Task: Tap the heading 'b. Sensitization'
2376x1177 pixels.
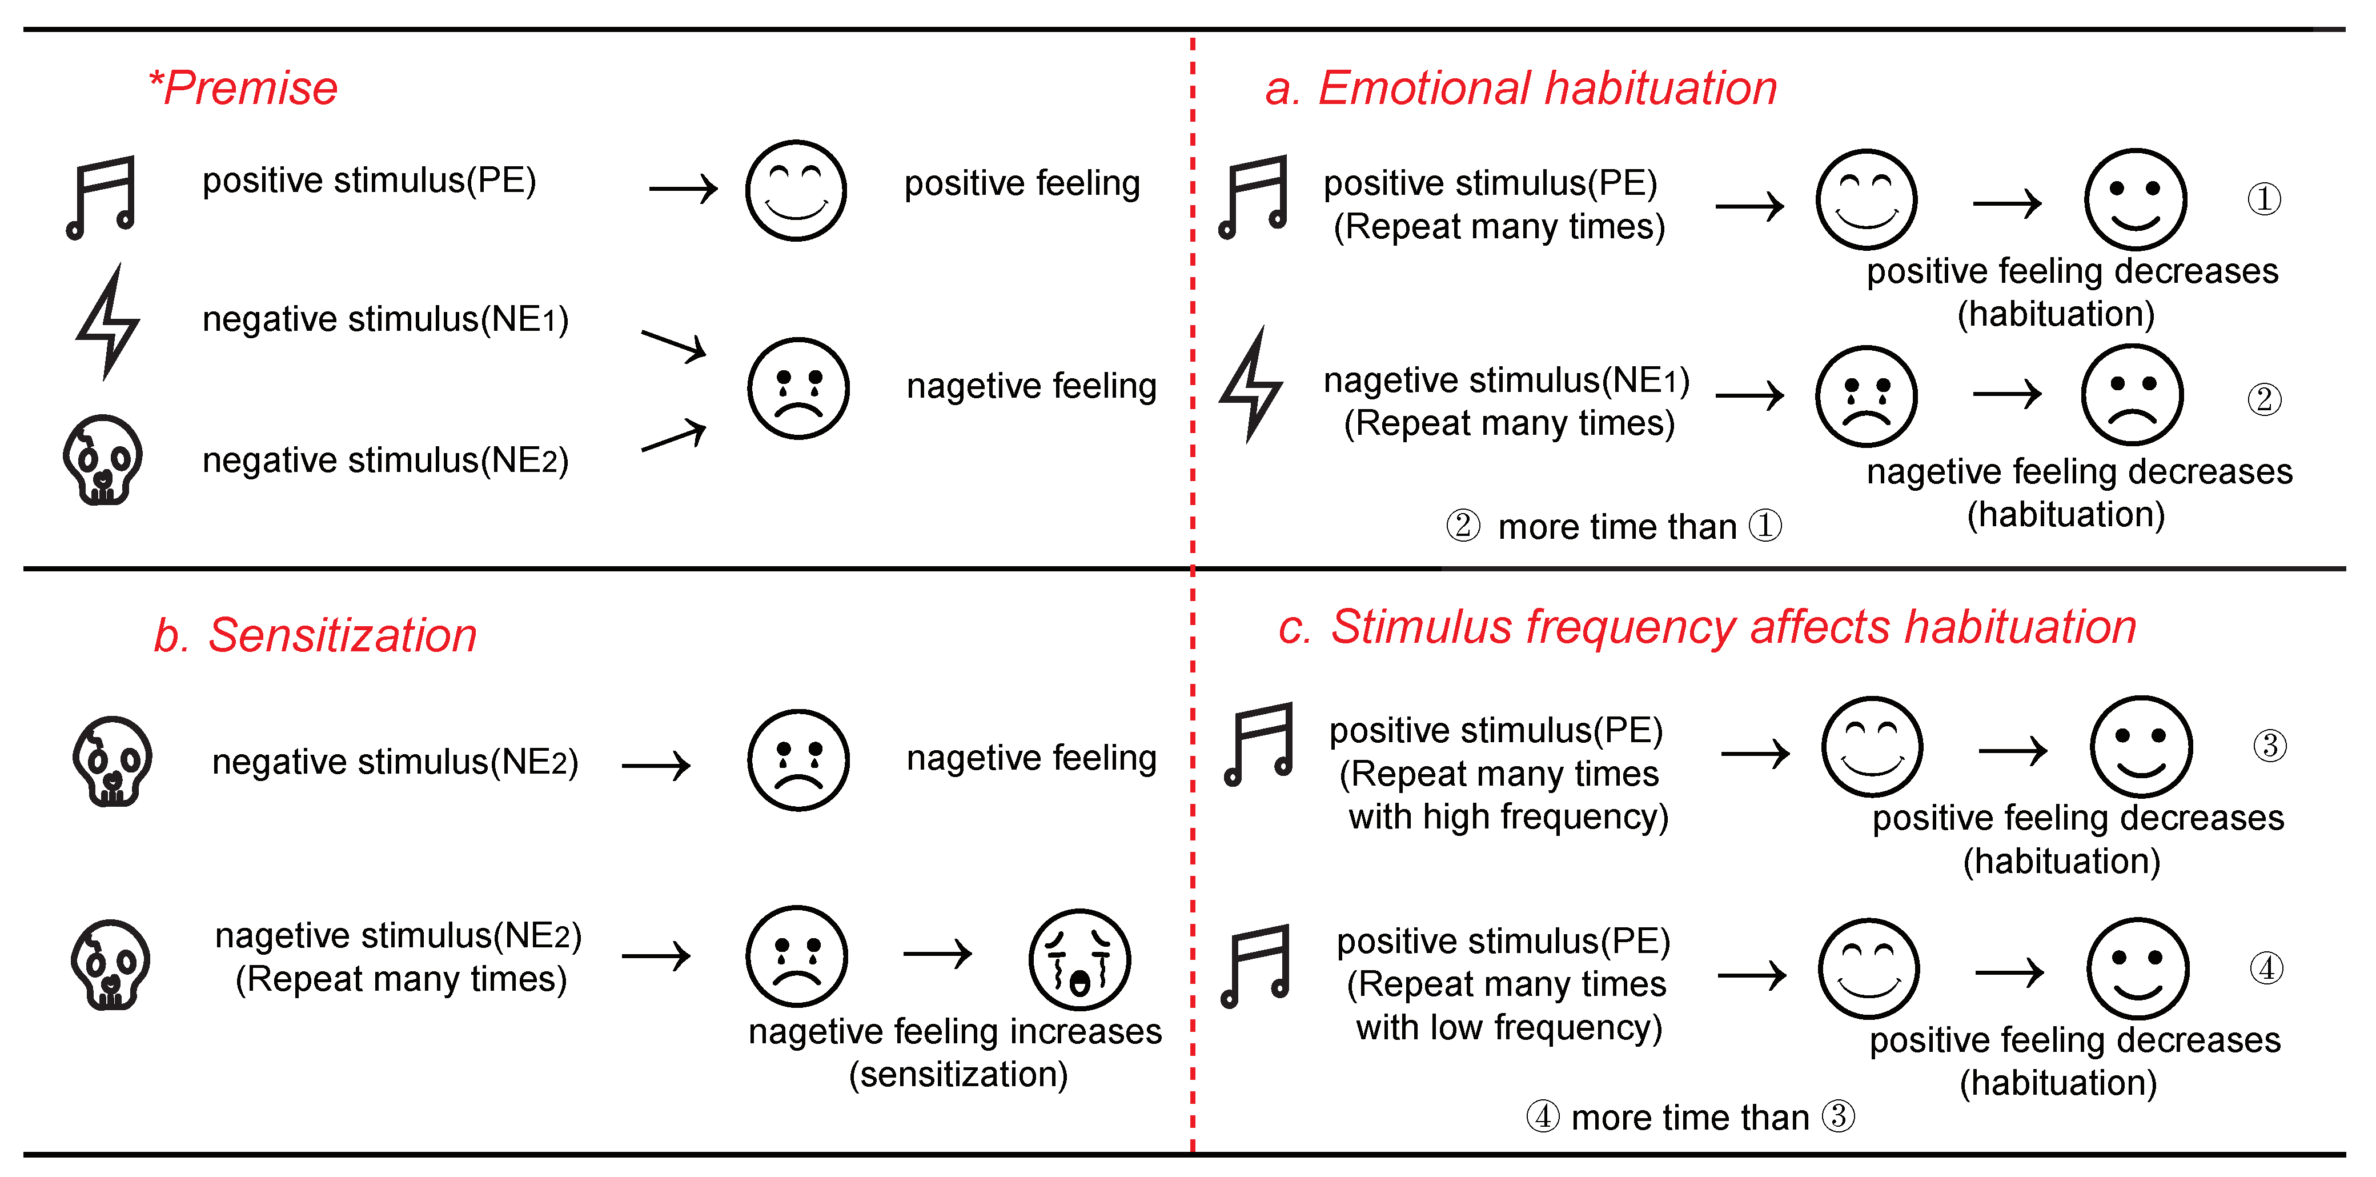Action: [x=315, y=635]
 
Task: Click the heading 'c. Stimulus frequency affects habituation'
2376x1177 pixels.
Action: [x=1707, y=628]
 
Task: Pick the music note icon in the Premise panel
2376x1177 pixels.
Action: [x=102, y=197]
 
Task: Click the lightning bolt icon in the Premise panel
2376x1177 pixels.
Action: [x=108, y=321]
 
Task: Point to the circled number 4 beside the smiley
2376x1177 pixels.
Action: [x=2266, y=968]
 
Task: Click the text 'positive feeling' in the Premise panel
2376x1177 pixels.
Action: [x=1022, y=183]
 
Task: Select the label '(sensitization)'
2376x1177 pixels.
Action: [x=958, y=1075]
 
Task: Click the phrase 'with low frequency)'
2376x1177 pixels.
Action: [x=1509, y=1027]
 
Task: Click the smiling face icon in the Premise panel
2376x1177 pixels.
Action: [x=796, y=191]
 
